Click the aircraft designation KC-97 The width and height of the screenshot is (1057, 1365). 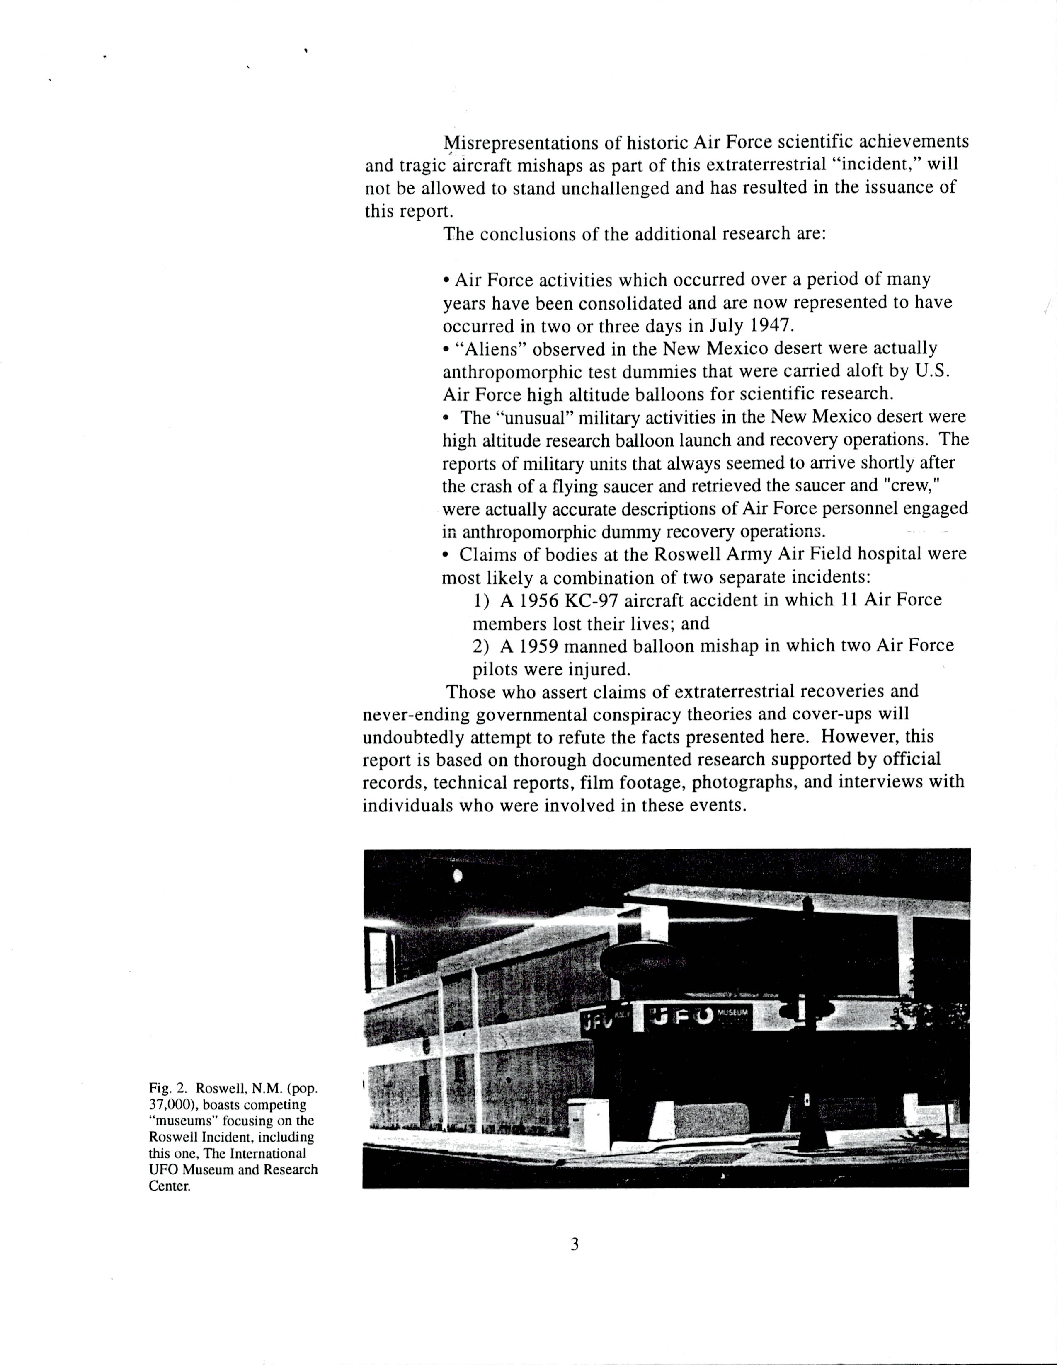click(x=592, y=600)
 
